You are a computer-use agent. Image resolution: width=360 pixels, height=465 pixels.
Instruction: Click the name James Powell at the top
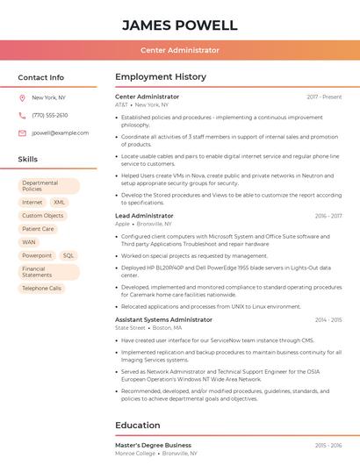point(180,25)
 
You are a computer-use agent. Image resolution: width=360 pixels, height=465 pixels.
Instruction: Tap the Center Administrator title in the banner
point(180,50)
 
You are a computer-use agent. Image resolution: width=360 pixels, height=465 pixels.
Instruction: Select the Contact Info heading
point(41,77)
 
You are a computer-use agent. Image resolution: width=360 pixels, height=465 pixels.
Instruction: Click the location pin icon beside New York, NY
point(22,98)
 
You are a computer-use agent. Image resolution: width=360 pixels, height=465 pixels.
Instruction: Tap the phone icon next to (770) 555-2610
point(22,116)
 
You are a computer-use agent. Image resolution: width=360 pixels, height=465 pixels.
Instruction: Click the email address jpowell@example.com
point(61,133)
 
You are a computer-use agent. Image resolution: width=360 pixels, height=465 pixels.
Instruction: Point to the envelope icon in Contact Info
point(22,133)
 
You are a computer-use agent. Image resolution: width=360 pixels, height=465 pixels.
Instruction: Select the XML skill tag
point(60,202)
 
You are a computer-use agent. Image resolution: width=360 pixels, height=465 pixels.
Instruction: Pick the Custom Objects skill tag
point(43,216)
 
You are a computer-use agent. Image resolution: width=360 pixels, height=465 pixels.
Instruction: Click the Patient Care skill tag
point(39,229)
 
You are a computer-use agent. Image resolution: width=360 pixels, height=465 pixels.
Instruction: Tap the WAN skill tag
point(29,242)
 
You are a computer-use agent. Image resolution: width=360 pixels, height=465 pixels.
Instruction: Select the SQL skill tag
point(68,255)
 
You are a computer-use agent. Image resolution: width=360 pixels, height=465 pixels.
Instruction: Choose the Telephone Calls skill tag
point(42,288)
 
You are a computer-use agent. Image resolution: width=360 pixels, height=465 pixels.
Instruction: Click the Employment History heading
point(161,77)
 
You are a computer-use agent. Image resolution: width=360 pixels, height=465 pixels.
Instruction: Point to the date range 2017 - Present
point(324,97)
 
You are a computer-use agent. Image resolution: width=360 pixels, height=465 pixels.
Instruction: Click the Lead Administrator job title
point(144,216)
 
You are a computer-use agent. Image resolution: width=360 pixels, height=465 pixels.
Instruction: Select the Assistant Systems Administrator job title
point(163,320)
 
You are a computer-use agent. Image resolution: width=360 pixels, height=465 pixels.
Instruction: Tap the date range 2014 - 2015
point(328,320)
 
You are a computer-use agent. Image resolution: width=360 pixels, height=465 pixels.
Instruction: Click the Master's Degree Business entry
point(153,446)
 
